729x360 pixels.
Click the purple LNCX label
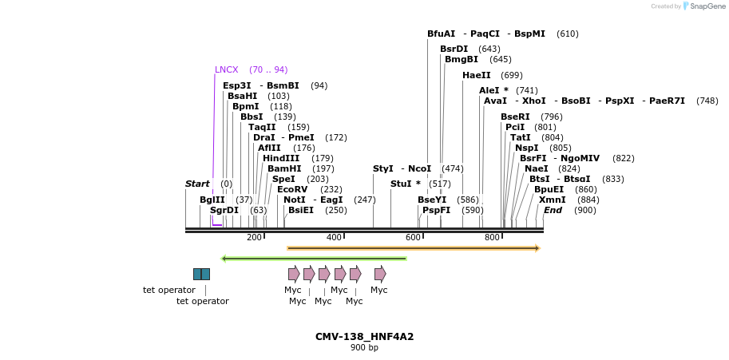pyautogui.click(x=226, y=69)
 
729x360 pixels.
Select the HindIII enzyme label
pyautogui.click(x=281, y=158)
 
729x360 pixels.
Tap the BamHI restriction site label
pyautogui.click(x=283, y=168)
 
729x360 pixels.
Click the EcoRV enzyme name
pyautogui.click(x=292, y=189)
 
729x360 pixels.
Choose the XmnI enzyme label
pyautogui.click(x=552, y=200)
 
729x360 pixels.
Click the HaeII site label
pyautogui.click(x=477, y=75)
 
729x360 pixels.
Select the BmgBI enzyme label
pyautogui.click(x=462, y=59)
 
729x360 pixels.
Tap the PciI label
pyautogui.click(x=515, y=127)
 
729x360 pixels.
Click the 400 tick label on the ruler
pyautogui.click(x=334, y=238)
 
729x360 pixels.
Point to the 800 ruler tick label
pyautogui.click(x=492, y=238)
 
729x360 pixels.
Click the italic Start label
pyautogui.click(x=197, y=184)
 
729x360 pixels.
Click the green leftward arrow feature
pyautogui.click(x=314, y=259)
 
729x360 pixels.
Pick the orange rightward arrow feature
pyautogui.click(x=414, y=248)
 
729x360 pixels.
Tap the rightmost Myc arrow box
pyautogui.click(x=380, y=274)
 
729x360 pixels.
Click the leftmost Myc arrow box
pyautogui.click(x=294, y=274)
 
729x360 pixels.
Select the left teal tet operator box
pyautogui.click(x=197, y=274)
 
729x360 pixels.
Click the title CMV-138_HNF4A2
pyautogui.click(x=364, y=337)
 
